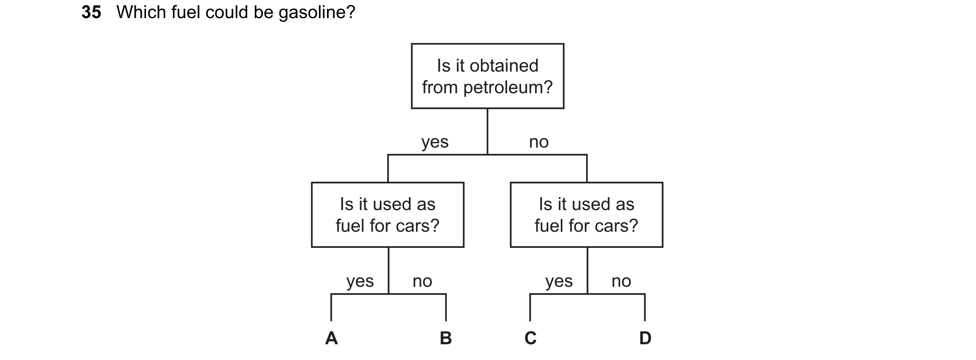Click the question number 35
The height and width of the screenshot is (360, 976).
tap(91, 13)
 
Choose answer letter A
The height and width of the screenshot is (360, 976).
tap(331, 338)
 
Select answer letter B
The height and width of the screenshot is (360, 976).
tap(446, 338)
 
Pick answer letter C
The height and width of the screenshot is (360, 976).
tap(531, 338)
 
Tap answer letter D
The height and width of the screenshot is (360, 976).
tap(645, 338)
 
